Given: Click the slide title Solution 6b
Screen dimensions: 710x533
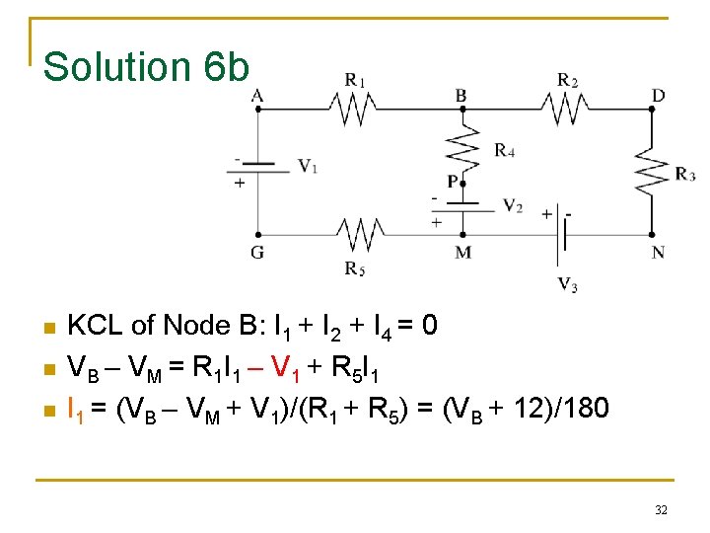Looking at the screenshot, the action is pyautogui.click(x=147, y=67).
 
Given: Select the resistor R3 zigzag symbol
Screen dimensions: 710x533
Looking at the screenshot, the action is pyautogui.click(x=652, y=173).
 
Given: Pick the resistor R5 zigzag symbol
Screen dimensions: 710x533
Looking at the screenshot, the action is pyautogui.click(x=358, y=235).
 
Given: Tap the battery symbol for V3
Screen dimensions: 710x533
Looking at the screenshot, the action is pyautogui.click(x=562, y=235).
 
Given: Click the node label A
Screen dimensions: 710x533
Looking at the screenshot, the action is pyautogui.click(x=257, y=95).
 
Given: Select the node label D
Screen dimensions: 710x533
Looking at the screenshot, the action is pyautogui.click(x=658, y=95).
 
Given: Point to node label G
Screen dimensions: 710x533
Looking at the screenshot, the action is pyautogui.click(x=257, y=253).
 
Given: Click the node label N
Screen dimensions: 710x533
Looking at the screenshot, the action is pyautogui.click(x=658, y=253).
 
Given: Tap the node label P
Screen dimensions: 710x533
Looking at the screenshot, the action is pyautogui.click(x=452, y=182).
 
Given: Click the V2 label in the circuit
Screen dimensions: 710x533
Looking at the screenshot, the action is pyautogui.click(x=513, y=206).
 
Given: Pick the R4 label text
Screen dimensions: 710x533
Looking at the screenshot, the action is pyautogui.click(x=504, y=151).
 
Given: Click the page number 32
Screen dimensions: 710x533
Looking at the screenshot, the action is pyautogui.click(x=661, y=509).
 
